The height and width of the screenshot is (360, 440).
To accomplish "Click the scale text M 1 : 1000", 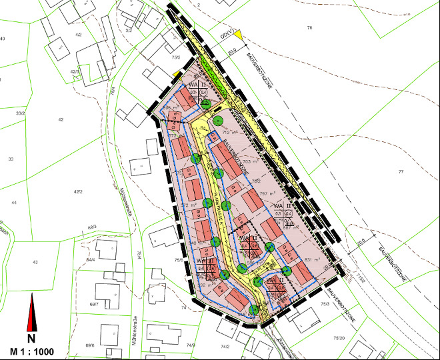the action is coord(31,351).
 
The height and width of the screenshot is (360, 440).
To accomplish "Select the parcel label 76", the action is coord(309,27).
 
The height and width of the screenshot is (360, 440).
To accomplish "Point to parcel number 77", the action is coord(401,172).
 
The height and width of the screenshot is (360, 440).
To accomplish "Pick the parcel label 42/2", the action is coord(78,192).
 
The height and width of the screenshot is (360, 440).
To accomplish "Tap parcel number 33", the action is coord(11,159).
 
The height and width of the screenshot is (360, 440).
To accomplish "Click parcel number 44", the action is coord(13,201).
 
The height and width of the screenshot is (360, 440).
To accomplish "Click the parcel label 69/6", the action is coord(90,346).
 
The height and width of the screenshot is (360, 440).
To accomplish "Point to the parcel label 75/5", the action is coord(175,58).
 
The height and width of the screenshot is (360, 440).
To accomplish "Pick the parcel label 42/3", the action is coord(75,71).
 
